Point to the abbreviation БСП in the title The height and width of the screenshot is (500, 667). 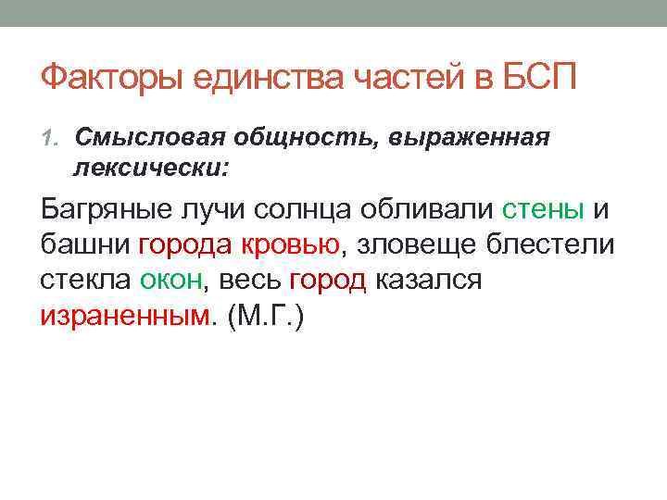point(545,78)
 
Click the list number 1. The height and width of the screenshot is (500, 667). point(51,139)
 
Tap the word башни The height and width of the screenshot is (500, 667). point(85,244)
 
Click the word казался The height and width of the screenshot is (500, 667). point(428,280)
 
